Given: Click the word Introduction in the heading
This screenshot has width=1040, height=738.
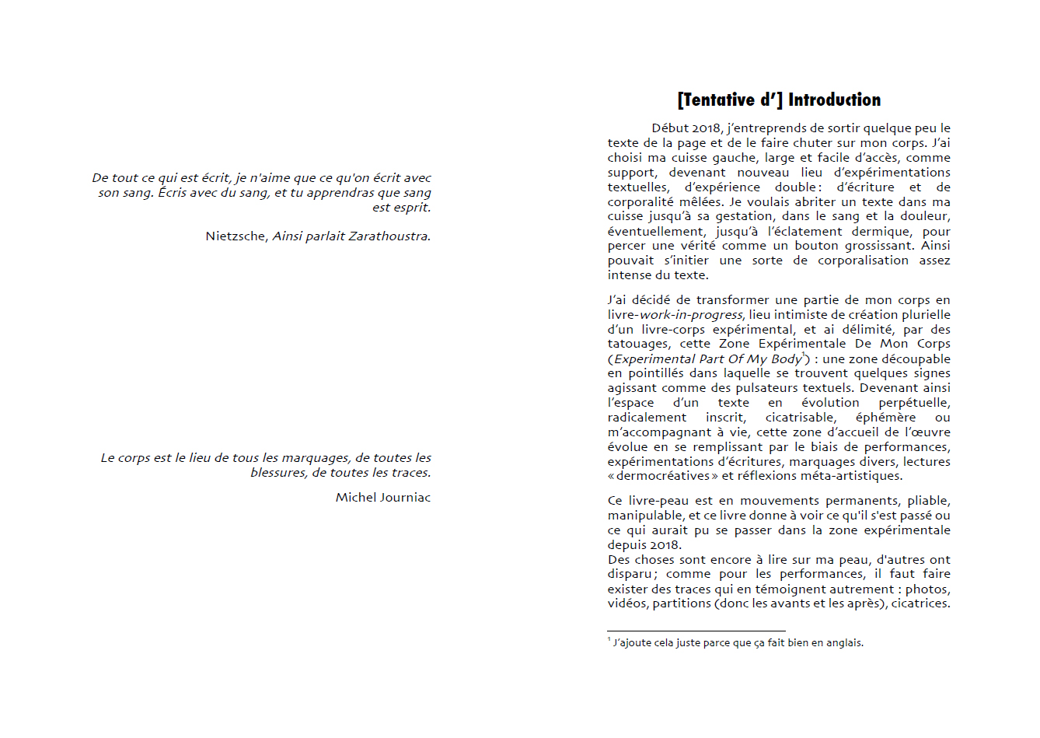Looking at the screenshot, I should point(834,100).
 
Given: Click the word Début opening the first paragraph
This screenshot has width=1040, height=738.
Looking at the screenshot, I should point(670,128).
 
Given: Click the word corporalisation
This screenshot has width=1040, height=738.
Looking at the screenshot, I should point(863,261).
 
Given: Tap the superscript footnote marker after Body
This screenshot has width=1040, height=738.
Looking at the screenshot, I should point(804,355).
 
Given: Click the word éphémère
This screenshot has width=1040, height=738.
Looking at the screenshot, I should point(885,418).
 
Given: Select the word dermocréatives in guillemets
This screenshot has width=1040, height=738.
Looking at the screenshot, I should point(663,476).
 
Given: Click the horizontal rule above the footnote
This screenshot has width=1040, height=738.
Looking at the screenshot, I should point(696,631).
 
